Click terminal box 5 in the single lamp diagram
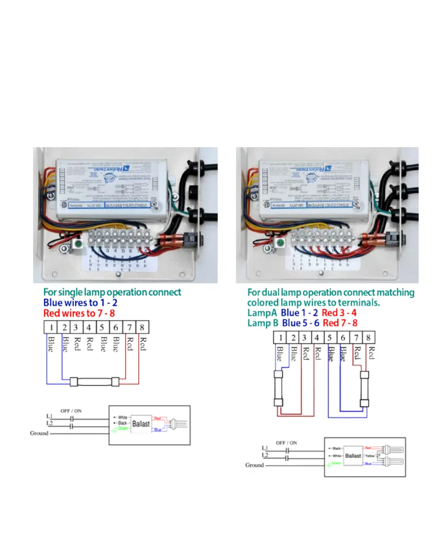point(102,328)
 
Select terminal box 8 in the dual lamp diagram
point(369,338)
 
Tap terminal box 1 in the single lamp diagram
point(51,328)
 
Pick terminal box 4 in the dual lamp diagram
point(317,338)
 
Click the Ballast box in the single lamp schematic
point(141,423)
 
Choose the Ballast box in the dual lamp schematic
point(353,456)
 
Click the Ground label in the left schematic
point(39,433)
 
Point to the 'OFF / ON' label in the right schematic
point(287,442)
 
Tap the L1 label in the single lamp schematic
point(49,416)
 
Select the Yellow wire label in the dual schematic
point(370,456)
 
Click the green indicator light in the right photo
point(280,242)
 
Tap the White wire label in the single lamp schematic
point(123,417)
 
